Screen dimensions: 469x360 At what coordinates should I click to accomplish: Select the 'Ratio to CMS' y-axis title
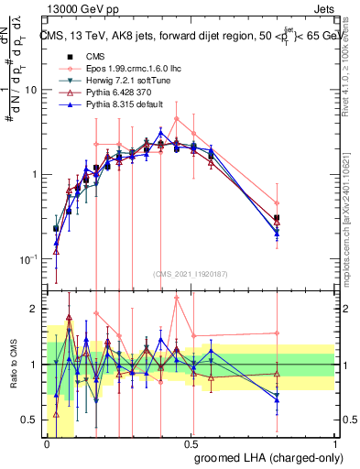(x=13, y=364)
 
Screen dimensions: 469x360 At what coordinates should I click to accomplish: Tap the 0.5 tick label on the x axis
(x=192, y=442)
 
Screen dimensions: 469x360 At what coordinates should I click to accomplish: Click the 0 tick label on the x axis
(x=47, y=442)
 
